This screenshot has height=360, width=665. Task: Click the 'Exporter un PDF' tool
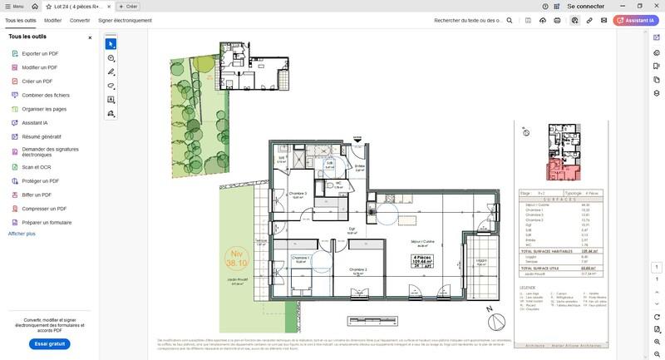[x=39, y=53]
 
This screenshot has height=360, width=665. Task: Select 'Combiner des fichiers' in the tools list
[x=45, y=95]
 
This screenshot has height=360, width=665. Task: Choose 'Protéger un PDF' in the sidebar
[x=40, y=180]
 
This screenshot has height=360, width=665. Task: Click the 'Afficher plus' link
[x=22, y=234]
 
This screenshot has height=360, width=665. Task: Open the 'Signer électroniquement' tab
[x=125, y=20]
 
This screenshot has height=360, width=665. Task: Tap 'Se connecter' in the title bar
[x=585, y=6]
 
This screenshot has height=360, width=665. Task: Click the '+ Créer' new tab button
[x=128, y=6]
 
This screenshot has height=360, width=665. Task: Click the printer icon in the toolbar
[x=557, y=20]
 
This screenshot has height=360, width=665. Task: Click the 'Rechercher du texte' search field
[x=469, y=20]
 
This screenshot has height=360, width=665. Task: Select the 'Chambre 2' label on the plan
[x=358, y=269]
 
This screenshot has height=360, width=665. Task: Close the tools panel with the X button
[x=90, y=37]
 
